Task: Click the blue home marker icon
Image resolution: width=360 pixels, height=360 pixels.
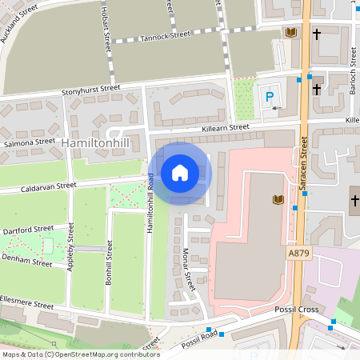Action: [x=180, y=173]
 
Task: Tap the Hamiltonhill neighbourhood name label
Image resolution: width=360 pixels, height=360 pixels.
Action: [x=94, y=142]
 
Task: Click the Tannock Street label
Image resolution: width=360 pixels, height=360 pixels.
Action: [x=164, y=36]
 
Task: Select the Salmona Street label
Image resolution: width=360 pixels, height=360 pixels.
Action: [x=29, y=142]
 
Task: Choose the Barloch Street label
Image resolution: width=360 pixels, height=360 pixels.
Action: [x=353, y=72]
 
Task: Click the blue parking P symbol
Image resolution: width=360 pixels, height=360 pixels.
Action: [x=269, y=97]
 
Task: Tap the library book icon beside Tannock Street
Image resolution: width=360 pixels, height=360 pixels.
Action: [x=290, y=33]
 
